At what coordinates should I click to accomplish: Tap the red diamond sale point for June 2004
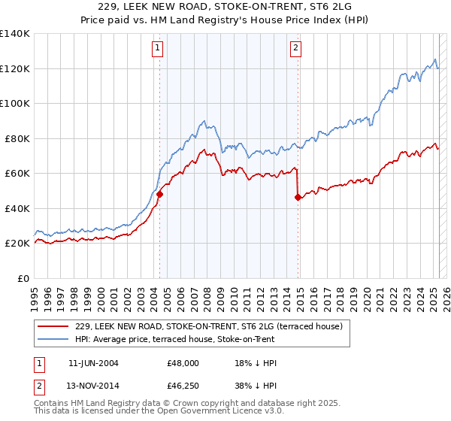click(x=159, y=194)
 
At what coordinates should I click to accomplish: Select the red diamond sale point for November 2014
click(x=298, y=198)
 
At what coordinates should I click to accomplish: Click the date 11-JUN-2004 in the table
click(x=93, y=362)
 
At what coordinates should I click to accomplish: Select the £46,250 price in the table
click(x=183, y=386)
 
